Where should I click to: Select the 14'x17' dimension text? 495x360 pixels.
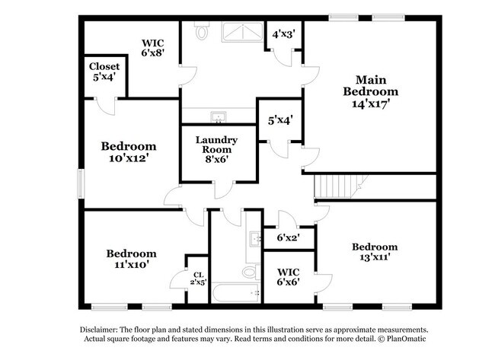click(371, 104)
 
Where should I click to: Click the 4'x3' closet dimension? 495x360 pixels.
click(283, 33)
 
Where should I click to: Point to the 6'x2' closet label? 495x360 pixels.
click(288, 237)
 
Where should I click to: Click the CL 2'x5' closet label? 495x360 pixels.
click(199, 279)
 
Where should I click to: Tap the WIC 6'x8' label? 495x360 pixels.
click(153, 48)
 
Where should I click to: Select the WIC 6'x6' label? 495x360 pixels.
click(288, 277)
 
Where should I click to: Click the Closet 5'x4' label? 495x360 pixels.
click(104, 72)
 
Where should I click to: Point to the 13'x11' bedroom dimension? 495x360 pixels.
click(375, 257)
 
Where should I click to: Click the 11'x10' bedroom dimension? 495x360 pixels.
click(131, 264)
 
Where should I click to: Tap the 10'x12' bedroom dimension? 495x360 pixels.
click(129, 158)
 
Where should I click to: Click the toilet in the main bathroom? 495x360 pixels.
click(201, 30)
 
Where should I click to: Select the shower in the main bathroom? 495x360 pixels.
click(242, 32)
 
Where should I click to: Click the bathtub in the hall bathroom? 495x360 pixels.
click(236, 293)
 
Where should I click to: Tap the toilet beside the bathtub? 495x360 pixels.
click(251, 272)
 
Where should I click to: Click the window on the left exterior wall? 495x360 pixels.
click(81, 184)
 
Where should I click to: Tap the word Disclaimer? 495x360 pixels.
click(99, 330)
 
